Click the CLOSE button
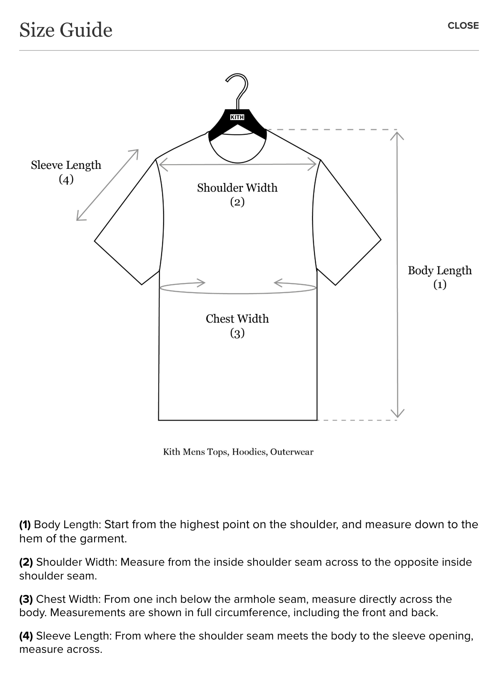pyautogui.click(x=463, y=26)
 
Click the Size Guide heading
pyautogui.click(x=66, y=30)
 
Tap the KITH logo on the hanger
pyautogui.click(x=237, y=117)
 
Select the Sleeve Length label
pyautogui.click(x=66, y=172)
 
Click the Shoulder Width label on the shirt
pyautogui.click(x=237, y=194)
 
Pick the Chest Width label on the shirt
pyautogui.click(x=237, y=326)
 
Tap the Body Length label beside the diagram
pyautogui.click(x=440, y=277)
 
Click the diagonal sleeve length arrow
pyautogui.click(x=107, y=185)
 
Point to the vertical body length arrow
pyautogui.click(x=397, y=275)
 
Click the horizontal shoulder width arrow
pyautogui.click(x=237, y=165)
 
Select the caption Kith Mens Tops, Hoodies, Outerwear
pyautogui.click(x=238, y=452)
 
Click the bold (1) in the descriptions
pyautogui.click(x=25, y=525)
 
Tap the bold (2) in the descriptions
pyautogui.click(x=26, y=562)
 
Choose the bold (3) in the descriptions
pyautogui.click(x=26, y=599)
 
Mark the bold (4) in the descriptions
pyautogui.click(x=26, y=636)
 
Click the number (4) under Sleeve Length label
pyautogui.click(x=66, y=180)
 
